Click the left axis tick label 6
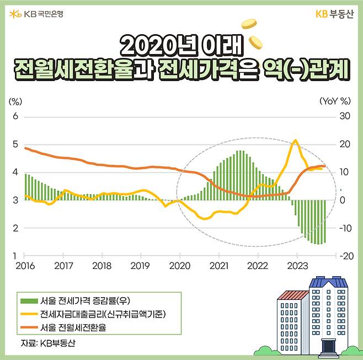[15, 117]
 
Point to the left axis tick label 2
[15, 228]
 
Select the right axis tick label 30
[345, 117]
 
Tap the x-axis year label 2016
[25, 266]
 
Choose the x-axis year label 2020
[180, 266]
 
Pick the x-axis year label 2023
[297, 266]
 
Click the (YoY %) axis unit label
[335, 101]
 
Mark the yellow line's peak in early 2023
[295, 140]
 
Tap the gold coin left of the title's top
[249, 24]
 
